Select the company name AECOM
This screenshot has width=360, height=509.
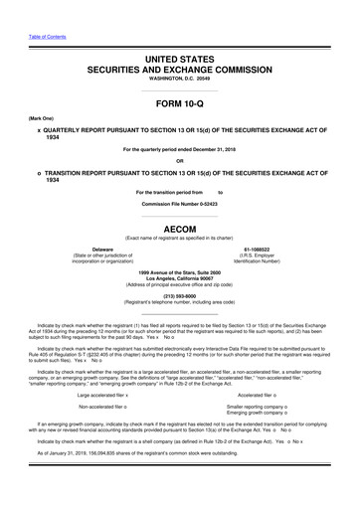(180, 227)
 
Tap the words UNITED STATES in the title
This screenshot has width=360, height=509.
(180, 33)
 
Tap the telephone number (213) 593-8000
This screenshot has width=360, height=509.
(180, 294)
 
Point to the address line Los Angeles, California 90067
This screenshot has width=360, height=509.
(180, 278)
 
